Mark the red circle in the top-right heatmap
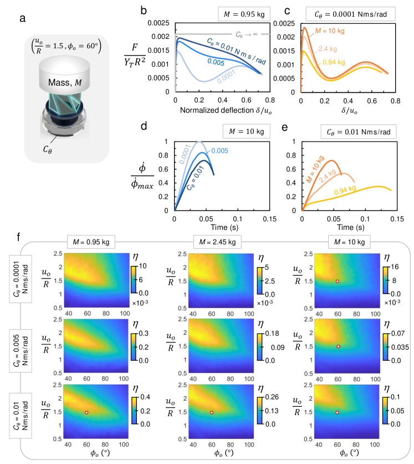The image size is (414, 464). [x=338, y=281]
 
